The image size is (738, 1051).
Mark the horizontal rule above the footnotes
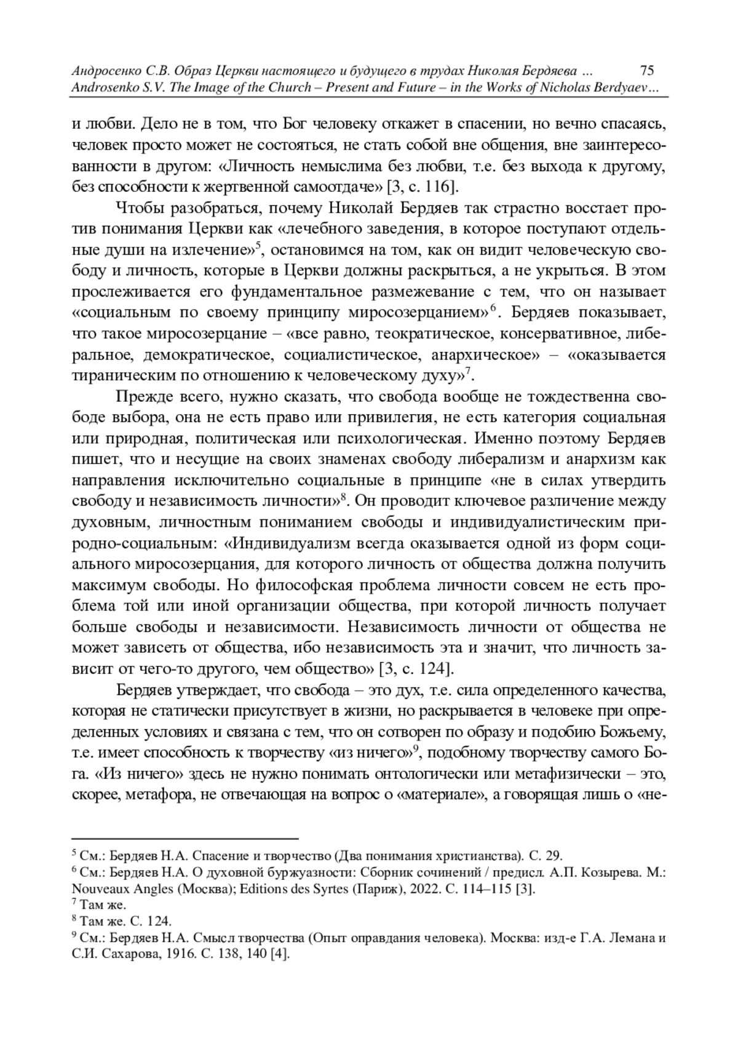click(184, 838)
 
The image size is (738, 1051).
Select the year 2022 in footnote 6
click(412, 889)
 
